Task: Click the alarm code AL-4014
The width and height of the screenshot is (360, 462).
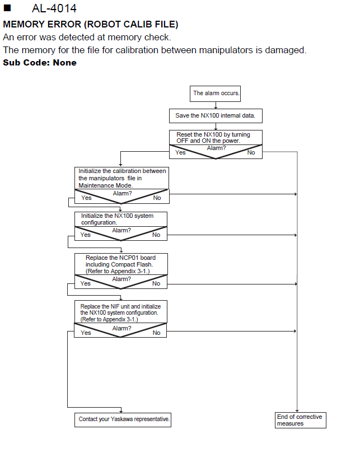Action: (54, 8)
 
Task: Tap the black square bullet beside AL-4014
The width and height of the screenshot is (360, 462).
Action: (7, 8)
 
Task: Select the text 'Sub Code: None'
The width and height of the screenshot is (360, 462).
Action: (40, 63)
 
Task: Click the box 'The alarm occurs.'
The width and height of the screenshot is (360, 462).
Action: (215, 94)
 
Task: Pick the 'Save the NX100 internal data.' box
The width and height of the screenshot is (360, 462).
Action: (216, 116)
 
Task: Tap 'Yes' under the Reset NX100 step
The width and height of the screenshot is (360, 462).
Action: (180, 152)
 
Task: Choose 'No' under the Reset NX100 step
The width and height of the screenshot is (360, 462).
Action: (251, 152)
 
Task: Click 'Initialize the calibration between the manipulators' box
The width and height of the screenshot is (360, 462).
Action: (121, 178)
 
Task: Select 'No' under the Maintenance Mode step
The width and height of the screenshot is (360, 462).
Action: (157, 198)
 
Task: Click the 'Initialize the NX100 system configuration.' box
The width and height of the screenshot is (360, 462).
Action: (121, 219)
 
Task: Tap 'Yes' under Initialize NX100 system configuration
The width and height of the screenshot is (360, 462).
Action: (86, 235)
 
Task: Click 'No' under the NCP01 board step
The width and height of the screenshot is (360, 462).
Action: (156, 283)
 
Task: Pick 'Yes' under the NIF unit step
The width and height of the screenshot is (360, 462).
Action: (86, 333)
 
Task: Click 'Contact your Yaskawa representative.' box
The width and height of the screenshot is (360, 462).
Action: (123, 420)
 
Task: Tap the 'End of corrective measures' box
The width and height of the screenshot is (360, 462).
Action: (301, 420)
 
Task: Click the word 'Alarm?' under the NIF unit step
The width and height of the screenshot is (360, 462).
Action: (121, 328)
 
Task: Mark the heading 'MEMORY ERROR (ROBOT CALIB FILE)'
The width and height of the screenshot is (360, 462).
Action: (91, 24)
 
